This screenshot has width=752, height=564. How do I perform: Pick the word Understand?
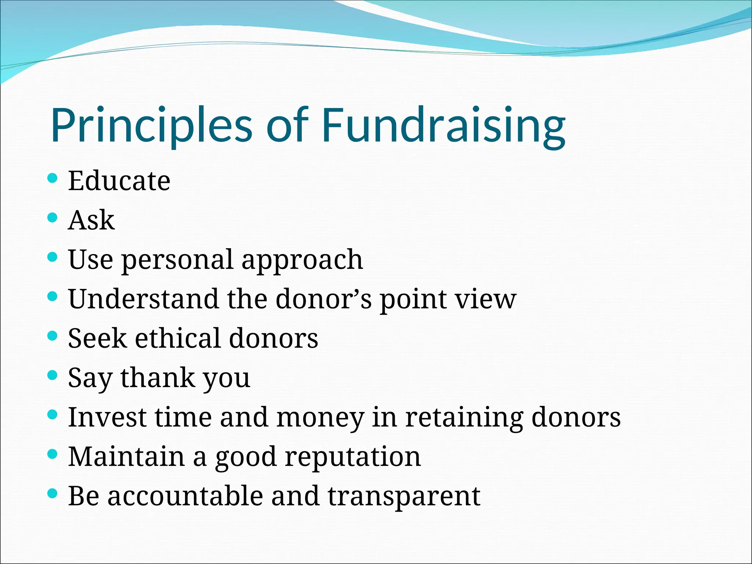(x=144, y=299)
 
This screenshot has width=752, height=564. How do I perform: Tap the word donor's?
(x=323, y=299)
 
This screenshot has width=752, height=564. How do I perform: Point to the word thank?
(x=158, y=377)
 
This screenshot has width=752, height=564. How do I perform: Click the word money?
(x=320, y=418)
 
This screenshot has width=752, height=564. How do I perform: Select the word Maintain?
(x=126, y=456)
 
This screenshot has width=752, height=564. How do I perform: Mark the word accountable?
(x=185, y=496)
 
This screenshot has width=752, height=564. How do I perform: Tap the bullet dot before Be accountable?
(x=53, y=493)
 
